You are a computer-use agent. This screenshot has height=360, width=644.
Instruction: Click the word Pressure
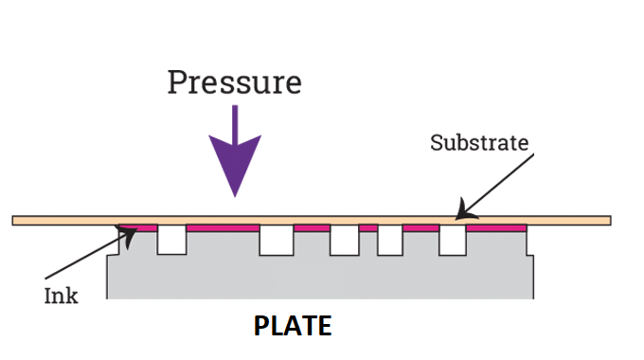point(235,82)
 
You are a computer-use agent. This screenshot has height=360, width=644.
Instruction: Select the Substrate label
point(479,143)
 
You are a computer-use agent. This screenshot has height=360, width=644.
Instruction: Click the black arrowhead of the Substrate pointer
point(464,211)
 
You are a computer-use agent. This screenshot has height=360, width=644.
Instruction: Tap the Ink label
point(61,296)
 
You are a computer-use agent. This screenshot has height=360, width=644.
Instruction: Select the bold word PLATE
point(293,326)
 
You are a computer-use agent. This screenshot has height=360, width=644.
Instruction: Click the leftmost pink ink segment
point(138,228)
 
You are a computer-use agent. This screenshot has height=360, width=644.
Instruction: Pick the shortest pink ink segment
point(368,228)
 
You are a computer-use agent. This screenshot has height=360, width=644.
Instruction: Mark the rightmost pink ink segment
point(496,228)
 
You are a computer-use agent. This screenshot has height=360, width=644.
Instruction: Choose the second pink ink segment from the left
point(223,228)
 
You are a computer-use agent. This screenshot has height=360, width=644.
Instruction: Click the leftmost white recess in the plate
point(172,240)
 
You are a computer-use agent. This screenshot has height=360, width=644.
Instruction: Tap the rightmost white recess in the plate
point(453,240)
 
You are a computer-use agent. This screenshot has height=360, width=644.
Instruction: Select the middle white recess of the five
point(345,240)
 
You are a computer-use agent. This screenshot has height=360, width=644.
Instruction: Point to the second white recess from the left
point(277,240)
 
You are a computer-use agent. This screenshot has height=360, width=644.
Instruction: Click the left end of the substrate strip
point(12,221)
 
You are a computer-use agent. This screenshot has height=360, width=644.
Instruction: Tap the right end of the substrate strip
point(611,221)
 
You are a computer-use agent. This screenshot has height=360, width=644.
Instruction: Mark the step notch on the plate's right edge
point(529,255)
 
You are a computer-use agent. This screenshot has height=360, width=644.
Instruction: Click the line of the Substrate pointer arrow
point(495,187)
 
